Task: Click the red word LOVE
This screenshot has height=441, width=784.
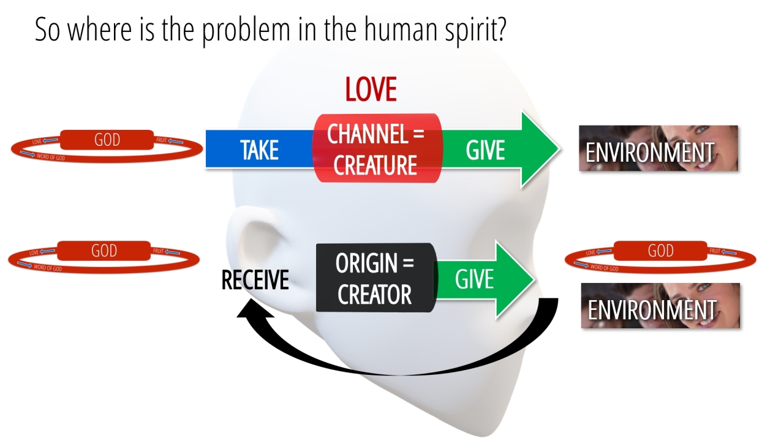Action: [x=371, y=89]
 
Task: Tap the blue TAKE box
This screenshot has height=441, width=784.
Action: [x=259, y=149]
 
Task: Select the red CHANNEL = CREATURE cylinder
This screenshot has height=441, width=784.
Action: [x=376, y=148]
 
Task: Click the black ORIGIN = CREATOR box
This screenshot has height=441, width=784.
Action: [x=375, y=278]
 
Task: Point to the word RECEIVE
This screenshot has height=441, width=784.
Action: [x=255, y=281]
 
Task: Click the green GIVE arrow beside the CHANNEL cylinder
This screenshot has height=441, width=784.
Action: [x=496, y=149]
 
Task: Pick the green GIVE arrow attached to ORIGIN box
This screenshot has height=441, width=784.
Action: [x=484, y=279]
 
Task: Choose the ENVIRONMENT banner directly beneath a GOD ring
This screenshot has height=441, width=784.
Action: [x=660, y=306]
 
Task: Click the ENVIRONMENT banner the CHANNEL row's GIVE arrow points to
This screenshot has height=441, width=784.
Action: [x=658, y=148]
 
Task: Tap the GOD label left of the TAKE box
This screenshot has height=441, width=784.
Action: [x=107, y=140]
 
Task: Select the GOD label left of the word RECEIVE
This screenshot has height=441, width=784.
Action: [x=104, y=251]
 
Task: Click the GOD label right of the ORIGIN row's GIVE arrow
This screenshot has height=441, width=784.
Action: [x=660, y=251]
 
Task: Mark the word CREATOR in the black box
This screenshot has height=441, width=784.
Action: [x=375, y=295]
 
